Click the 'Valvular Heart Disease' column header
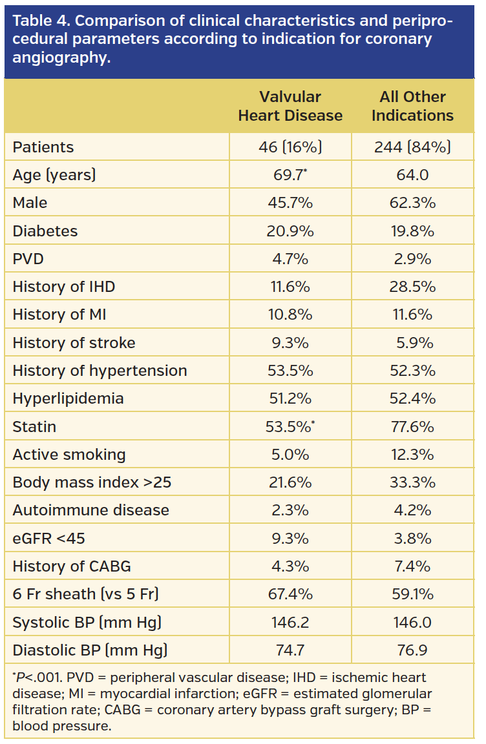tap(290, 106)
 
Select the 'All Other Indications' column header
tap(412, 106)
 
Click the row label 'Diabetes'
tap(45, 231)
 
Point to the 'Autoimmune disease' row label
tap(90, 510)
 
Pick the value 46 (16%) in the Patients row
tap(290, 147)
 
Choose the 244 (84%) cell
tap(412, 147)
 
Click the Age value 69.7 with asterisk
tap(290, 174)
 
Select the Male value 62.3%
tap(412, 203)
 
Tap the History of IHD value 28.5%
tap(412, 287)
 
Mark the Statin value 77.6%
tap(412, 427)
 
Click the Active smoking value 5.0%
tap(290, 455)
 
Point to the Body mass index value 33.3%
tap(412, 482)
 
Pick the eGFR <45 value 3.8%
tap(412, 539)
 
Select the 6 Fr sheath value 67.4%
tap(290, 594)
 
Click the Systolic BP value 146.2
tap(290, 623)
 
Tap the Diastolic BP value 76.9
tap(412, 650)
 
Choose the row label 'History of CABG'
tap(72, 566)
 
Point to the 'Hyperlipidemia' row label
tap(68, 398)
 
